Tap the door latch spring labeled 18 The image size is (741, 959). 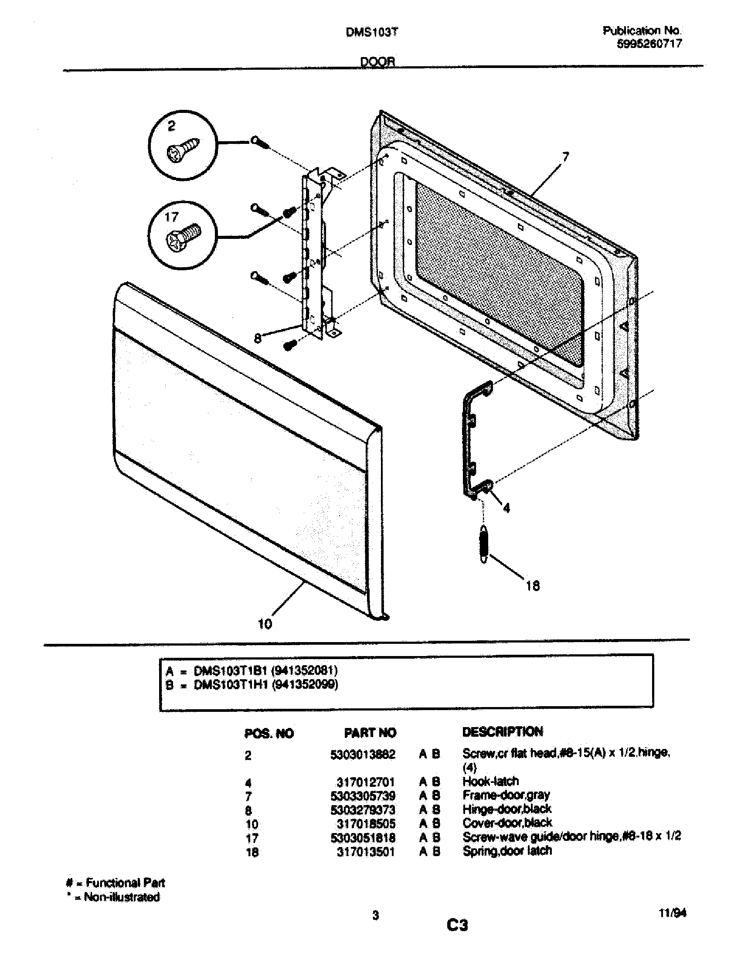(x=484, y=544)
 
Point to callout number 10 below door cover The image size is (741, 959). (x=265, y=623)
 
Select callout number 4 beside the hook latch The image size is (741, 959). (x=506, y=508)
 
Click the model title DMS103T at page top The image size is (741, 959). (x=371, y=33)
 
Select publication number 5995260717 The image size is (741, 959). (x=649, y=44)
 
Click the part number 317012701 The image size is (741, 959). (x=366, y=782)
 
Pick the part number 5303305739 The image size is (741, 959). (x=363, y=796)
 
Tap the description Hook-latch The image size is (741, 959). (x=490, y=781)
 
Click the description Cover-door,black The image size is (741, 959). (x=507, y=823)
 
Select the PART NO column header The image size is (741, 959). (x=370, y=733)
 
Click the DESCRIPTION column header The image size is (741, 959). (x=502, y=731)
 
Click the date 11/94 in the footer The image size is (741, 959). (x=673, y=912)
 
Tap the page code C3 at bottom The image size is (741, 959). (x=457, y=925)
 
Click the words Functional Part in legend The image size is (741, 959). (x=125, y=883)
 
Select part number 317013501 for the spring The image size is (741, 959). (x=366, y=852)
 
